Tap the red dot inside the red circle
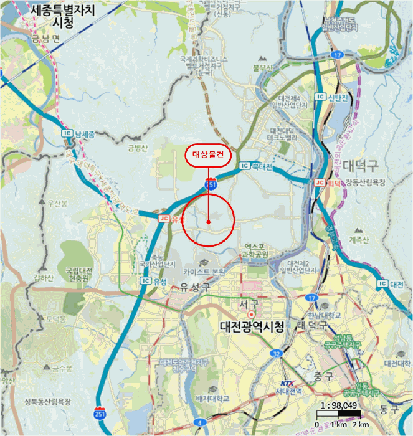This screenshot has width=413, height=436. (x=208, y=221)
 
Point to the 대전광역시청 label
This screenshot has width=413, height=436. (x=252, y=326)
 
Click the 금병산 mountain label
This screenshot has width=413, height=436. (x=137, y=148)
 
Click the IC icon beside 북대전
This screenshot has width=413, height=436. (x=244, y=166)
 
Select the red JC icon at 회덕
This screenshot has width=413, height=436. (x=320, y=182)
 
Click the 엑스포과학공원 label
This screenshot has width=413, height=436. (x=256, y=251)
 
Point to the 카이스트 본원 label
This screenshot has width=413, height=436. (x=204, y=272)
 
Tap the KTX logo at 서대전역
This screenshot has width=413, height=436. (x=285, y=382)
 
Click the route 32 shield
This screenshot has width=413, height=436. (x=277, y=353)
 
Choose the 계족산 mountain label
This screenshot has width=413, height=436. (x=359, y=239)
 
